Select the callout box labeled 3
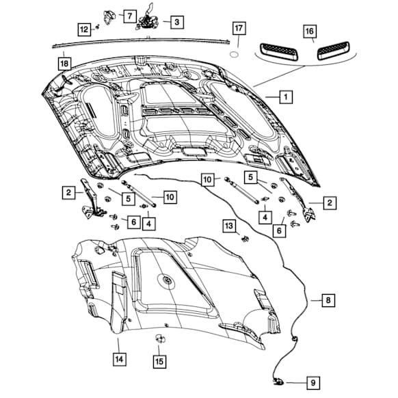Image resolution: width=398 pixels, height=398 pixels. pos(176,23)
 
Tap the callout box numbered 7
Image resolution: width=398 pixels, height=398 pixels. pos(128,15)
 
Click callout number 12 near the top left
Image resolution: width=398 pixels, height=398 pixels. pos(83,29)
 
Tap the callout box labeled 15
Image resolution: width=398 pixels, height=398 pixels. pos(159,360)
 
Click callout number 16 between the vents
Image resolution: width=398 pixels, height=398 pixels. pos(309,32)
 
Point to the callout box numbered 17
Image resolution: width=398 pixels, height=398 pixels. pos(238,29)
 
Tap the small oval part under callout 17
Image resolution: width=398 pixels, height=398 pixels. pos(233,52)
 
